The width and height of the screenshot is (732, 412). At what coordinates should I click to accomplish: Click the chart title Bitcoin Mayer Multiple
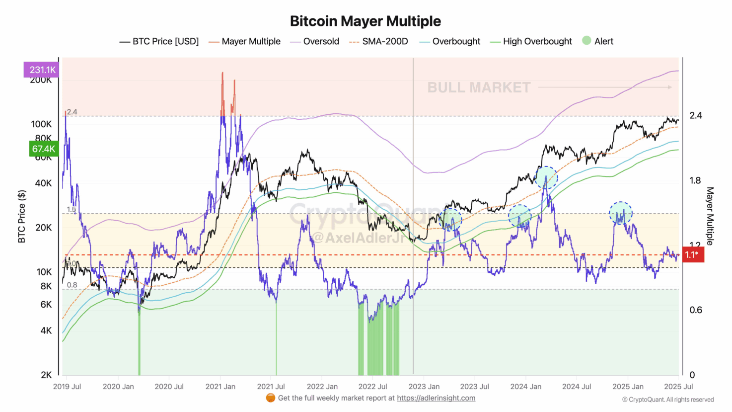tap(366, 21)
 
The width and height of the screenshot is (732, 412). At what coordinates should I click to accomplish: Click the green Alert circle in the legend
tap(586, 41)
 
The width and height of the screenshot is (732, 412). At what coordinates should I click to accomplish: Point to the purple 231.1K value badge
tap(41, 70)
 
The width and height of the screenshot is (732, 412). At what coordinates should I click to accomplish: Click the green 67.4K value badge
tap(43, 149)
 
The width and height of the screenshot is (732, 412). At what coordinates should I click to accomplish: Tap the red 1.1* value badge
tap(692, 254)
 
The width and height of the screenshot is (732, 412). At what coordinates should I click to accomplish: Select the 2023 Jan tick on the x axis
tap(424, 386)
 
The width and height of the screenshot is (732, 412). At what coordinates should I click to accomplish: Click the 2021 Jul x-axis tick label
tap(271, 386)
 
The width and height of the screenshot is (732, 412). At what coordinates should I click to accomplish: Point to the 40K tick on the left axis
tap(43, 183)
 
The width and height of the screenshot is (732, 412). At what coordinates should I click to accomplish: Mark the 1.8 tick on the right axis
tap(695, 180)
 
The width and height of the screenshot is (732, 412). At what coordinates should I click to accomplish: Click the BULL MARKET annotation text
tap(479, 87)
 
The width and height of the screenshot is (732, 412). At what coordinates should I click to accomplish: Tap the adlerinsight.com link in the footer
tap(436, 398)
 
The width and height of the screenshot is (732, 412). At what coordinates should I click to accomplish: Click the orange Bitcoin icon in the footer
tap(270, 398)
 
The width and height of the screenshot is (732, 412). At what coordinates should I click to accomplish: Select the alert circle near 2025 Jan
tap(621, 213)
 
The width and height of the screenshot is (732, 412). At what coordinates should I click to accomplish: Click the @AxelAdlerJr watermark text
tap(358, 238)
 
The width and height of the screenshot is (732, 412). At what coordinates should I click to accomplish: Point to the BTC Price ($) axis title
tap(21, 216)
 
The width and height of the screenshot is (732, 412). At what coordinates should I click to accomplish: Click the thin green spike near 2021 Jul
tap(276, 338)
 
